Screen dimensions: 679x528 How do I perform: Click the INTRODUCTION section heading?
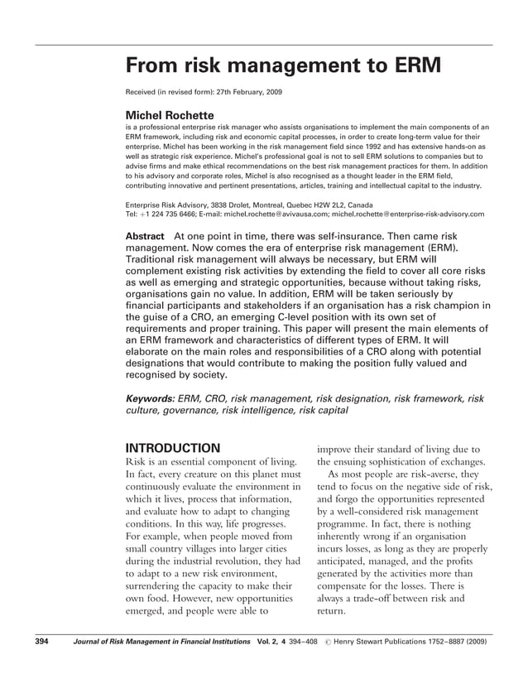click(172, 449)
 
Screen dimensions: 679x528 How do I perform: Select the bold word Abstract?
click(144, 236)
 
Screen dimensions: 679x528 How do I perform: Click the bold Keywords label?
click(149, 398)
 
